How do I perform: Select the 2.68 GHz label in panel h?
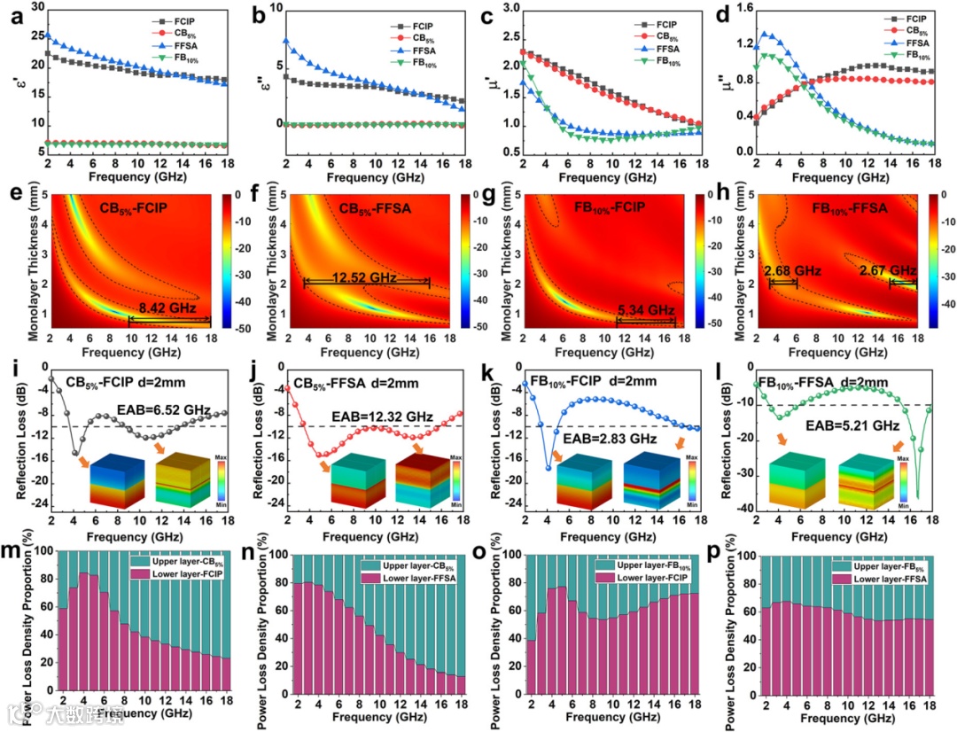point(783,270)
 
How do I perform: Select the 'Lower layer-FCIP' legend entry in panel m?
point(183,575)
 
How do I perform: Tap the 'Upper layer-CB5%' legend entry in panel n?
point(421,564)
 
